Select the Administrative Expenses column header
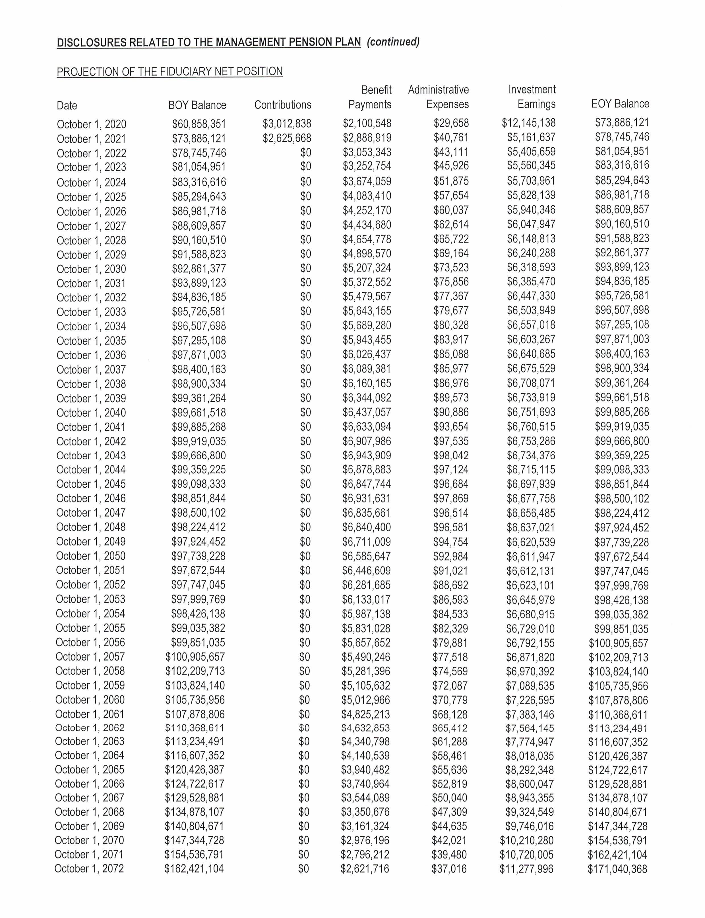tap(439, 97)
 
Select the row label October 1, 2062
tap(90, 728)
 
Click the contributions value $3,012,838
tap(287, 123)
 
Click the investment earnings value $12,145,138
tap(528, 123)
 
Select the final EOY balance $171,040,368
tap(617, 869)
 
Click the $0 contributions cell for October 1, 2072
tap(303, 869)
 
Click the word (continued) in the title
tap(393, 42)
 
